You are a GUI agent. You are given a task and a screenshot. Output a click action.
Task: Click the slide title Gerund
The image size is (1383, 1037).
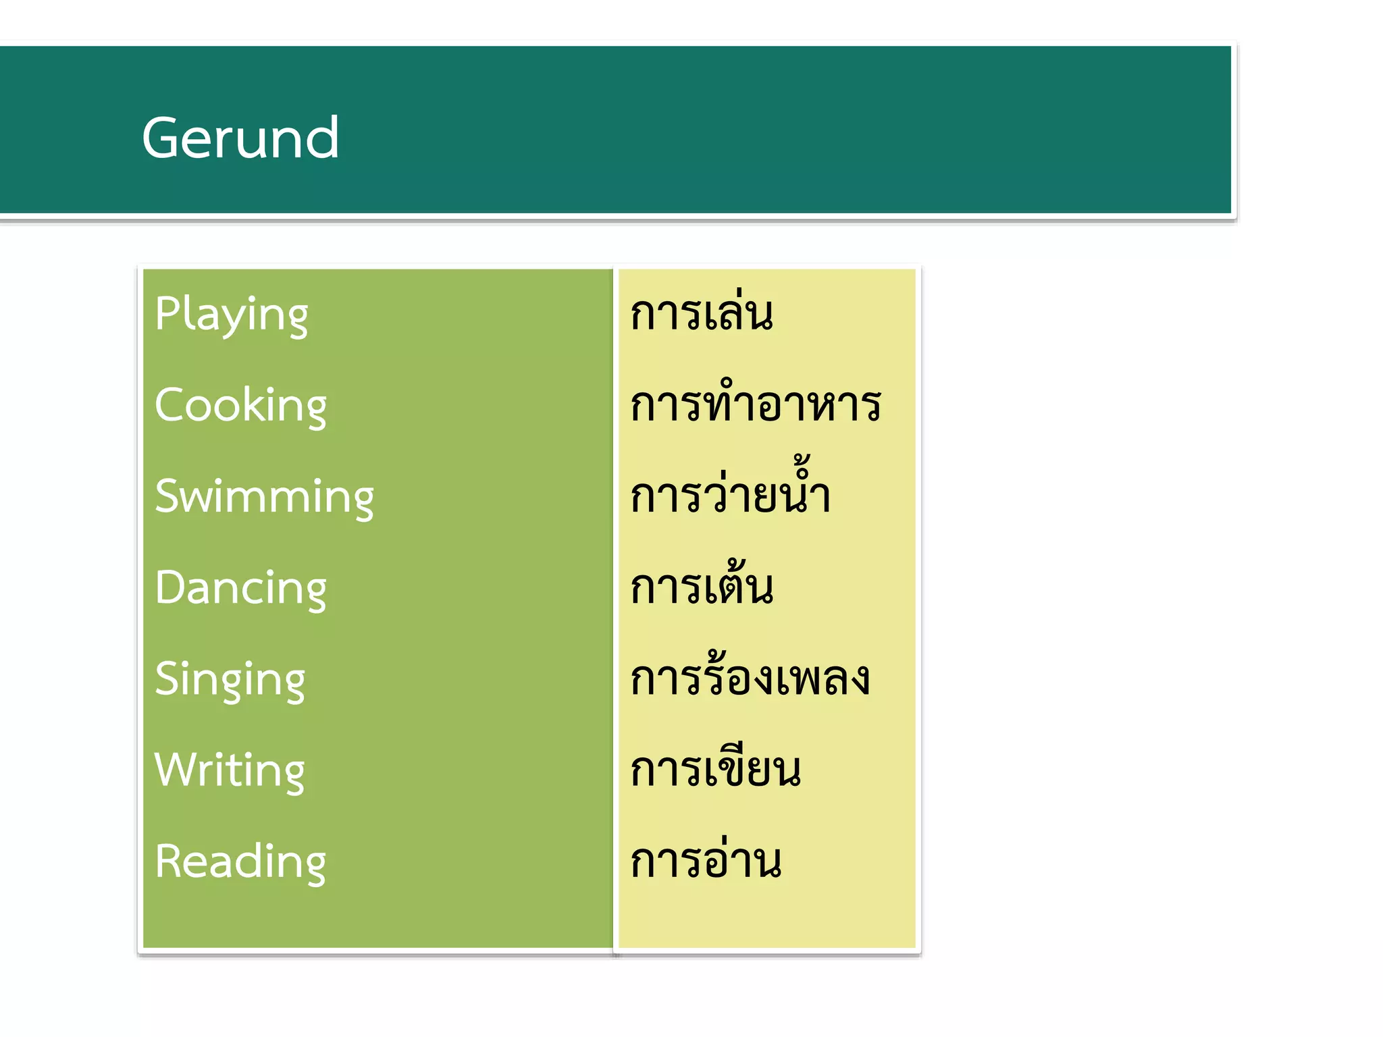(x=240, y=138)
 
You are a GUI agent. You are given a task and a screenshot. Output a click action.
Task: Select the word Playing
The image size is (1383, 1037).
(x=231, y=315)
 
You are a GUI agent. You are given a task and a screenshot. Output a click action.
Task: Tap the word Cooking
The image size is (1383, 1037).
(x=240, y=406)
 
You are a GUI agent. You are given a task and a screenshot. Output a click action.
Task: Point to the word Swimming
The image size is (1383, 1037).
(x=264, y=497)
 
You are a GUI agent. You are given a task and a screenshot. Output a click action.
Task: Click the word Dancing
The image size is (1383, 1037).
(x=240, y=588)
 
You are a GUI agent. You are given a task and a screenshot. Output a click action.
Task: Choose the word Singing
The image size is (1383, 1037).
(x=230, y=680)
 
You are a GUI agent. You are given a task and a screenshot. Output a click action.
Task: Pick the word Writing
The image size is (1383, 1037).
(x=230, y=771)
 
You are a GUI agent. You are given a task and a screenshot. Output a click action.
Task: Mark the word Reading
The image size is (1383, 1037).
(x=240, y=862)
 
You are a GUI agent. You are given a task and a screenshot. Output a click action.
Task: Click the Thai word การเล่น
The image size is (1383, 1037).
(x=702, y=314)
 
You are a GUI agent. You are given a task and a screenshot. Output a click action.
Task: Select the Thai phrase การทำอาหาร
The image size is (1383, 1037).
(x=756, y=405)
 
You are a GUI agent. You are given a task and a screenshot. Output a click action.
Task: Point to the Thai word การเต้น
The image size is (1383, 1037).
(x=702, y=585)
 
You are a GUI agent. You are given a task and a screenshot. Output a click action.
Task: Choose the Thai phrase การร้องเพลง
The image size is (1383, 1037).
(x=750, y=677)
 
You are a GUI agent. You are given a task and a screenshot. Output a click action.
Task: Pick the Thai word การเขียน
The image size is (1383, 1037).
(x=716, y=770)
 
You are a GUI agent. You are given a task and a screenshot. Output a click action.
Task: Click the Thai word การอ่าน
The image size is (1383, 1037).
(x=706, y=861)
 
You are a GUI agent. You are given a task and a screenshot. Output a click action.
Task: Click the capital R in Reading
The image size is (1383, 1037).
(x=167, y=861)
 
